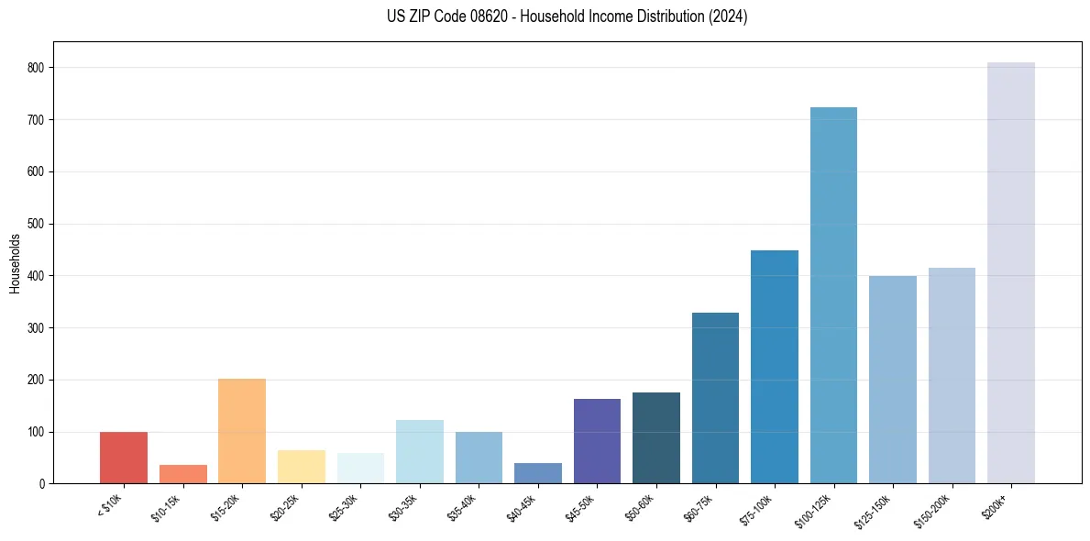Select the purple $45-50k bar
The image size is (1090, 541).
597,441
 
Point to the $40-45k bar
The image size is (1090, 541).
538,473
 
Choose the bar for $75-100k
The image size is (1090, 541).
775,367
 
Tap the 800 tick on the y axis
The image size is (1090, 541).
39,68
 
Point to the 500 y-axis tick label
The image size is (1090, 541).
39,224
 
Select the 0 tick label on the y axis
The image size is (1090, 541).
44,483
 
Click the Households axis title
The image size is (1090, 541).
16,263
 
